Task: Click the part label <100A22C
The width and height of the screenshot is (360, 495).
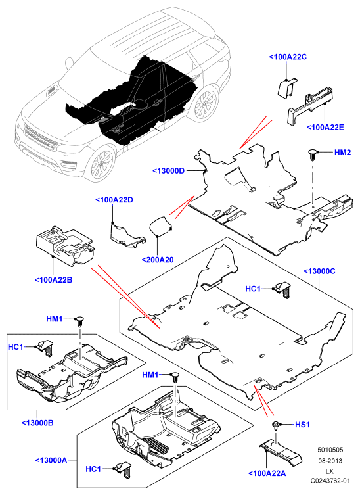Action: [288, 57]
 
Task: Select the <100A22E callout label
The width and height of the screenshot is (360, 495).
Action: [325, 128]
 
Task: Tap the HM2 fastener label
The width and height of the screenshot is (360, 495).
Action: [342, 153]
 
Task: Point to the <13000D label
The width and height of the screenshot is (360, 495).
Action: [169, 171]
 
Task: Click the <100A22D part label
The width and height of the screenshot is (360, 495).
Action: [114, 200]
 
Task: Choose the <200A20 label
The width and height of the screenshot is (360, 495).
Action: [158, 260]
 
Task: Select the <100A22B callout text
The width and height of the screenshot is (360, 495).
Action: [53, 280]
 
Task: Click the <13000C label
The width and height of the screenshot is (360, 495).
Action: [319, 271]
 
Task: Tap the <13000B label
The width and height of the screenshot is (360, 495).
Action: [37, 423]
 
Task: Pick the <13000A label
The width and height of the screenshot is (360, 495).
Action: [51, 460]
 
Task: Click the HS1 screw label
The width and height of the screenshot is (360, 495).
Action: [302, 425]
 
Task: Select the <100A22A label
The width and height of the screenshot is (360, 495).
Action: [267, 473]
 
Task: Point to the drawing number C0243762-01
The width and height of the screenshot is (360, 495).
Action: [330, 481]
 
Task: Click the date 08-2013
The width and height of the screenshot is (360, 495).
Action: [330, 461]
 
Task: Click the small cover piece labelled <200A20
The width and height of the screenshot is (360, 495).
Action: [160, 225]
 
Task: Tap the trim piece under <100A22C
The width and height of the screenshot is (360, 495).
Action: [287, 88]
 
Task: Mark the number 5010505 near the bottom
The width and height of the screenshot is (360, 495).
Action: [330, 450]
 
